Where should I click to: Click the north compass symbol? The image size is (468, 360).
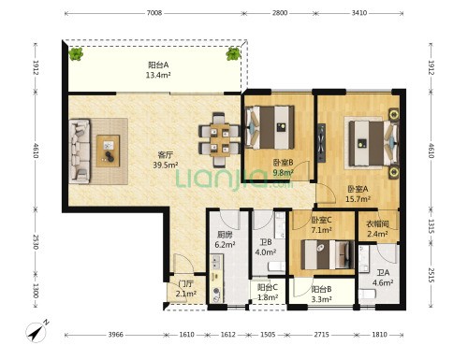[37, 332]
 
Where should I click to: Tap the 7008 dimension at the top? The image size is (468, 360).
[154, 13]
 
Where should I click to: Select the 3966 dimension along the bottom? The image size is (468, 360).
[116, 335]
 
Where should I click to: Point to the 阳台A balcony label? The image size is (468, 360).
[158, 65]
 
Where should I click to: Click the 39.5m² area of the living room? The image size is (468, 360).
[166, 165]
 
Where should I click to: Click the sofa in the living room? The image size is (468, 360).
[80, 151]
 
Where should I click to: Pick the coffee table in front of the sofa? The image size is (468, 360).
[108, 151]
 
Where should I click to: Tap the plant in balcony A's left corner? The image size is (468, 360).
[76, 54]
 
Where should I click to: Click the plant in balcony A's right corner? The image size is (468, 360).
[233, 54]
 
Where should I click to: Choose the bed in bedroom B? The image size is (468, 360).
[271, 127]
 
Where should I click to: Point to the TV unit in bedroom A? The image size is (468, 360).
[321, 143]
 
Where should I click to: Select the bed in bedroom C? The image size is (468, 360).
[328, 254]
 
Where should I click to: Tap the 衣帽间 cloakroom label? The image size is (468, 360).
[377, 224]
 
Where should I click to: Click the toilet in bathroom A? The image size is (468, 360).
[367, 295]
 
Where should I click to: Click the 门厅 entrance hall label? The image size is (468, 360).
[186, 284]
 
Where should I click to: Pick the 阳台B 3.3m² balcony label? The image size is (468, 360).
[322, 294]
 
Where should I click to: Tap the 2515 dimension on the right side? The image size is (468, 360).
[431, 275]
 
